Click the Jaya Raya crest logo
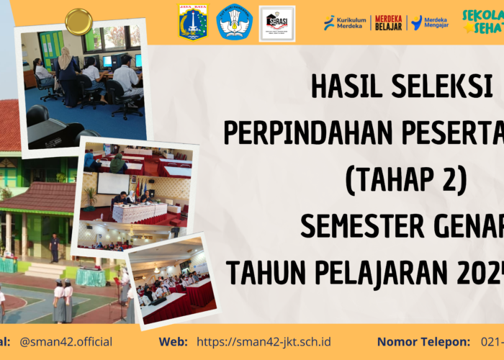point(193,22)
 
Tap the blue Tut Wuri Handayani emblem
point(235,22)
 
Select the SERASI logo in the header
point(277,22)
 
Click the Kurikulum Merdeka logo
point(345,22)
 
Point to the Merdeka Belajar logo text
point(389,22)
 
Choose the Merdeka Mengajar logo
point(430,22)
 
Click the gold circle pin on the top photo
point(78,21)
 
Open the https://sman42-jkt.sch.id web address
point(264,341)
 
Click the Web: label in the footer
point(174,341)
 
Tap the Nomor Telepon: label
point(423,341)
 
